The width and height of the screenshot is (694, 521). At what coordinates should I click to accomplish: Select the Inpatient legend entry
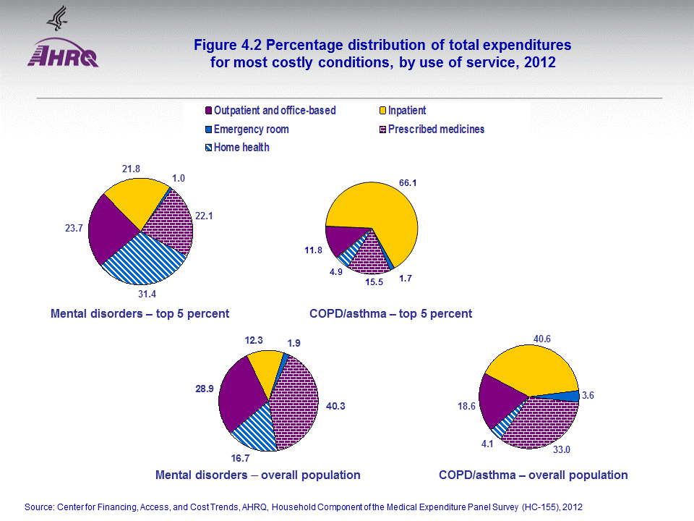406,111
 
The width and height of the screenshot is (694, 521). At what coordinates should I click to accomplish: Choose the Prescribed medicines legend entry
435,130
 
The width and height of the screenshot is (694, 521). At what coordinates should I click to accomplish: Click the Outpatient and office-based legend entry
274,111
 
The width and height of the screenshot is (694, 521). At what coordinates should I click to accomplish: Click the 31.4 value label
147,295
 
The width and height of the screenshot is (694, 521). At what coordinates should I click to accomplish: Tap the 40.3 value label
335,406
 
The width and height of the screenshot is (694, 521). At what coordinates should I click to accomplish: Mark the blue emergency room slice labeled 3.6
572,396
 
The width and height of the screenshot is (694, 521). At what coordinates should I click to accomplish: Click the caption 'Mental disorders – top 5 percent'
140,313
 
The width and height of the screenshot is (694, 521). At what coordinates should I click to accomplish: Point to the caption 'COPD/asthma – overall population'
533,475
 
